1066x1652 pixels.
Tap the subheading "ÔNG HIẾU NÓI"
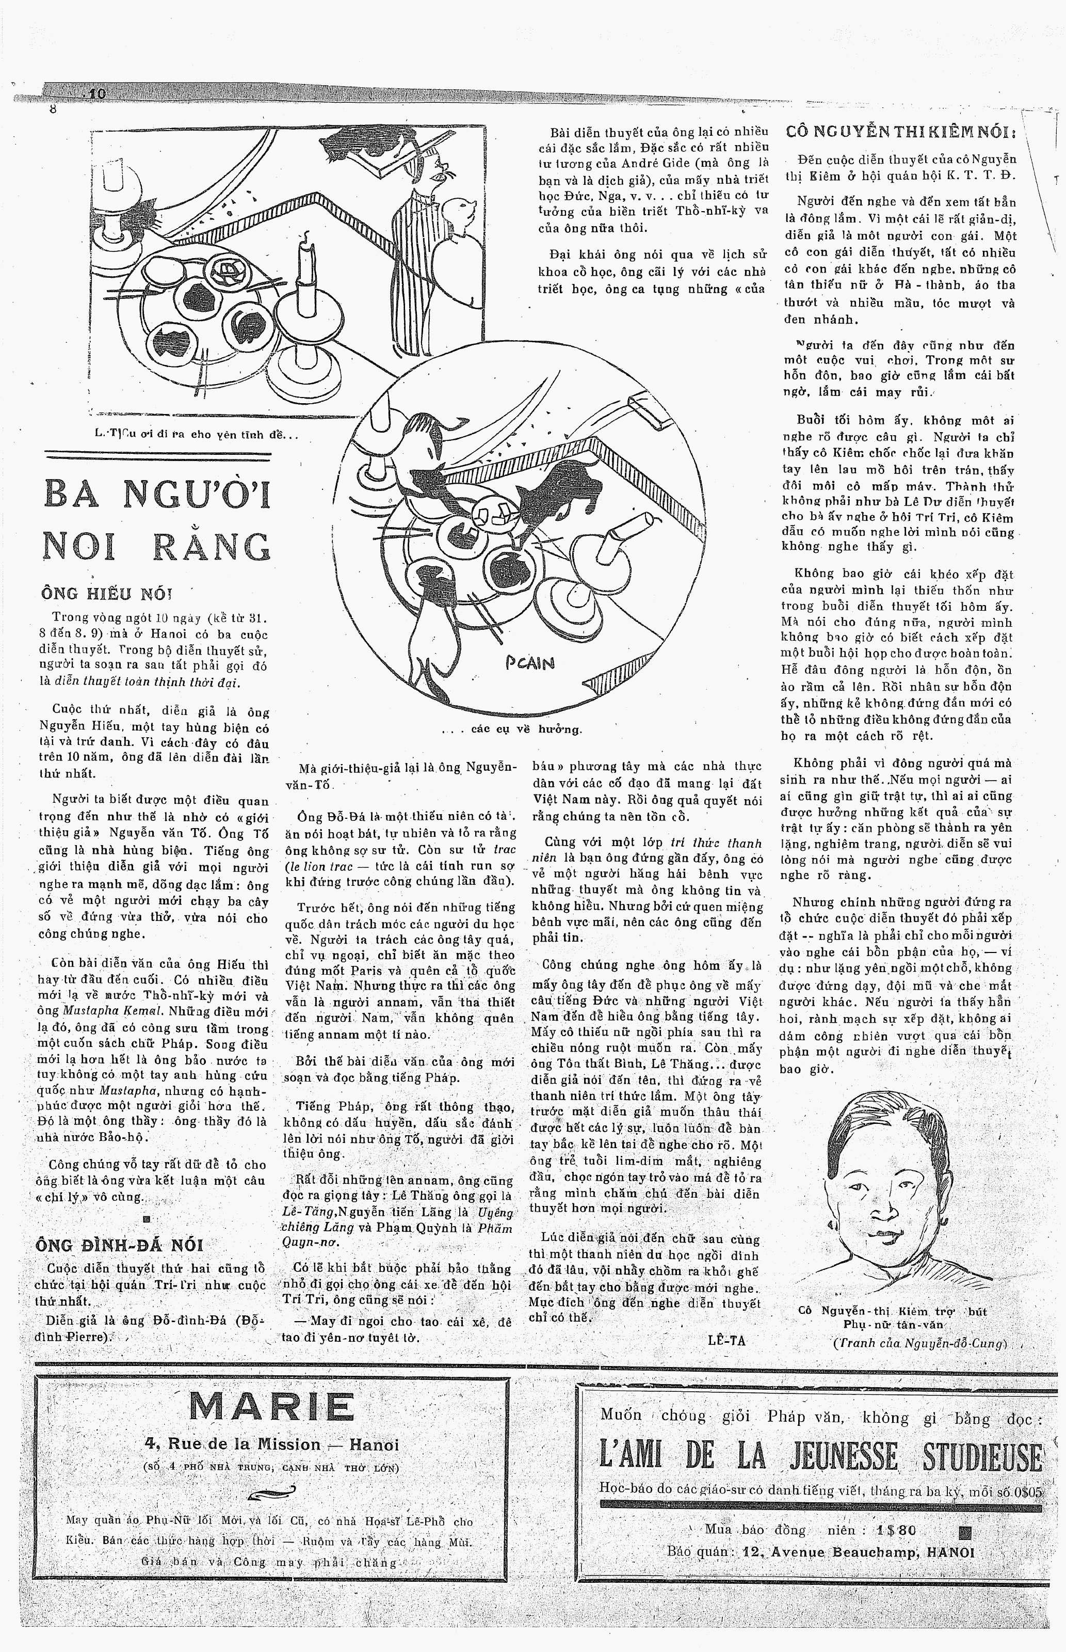point(107,593)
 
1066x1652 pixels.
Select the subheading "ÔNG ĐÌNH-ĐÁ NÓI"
point(119,1245)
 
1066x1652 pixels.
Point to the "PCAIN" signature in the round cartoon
point(529,662)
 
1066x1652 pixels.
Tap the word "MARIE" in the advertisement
point(271,1407)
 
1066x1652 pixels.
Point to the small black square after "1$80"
point(965,1531)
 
